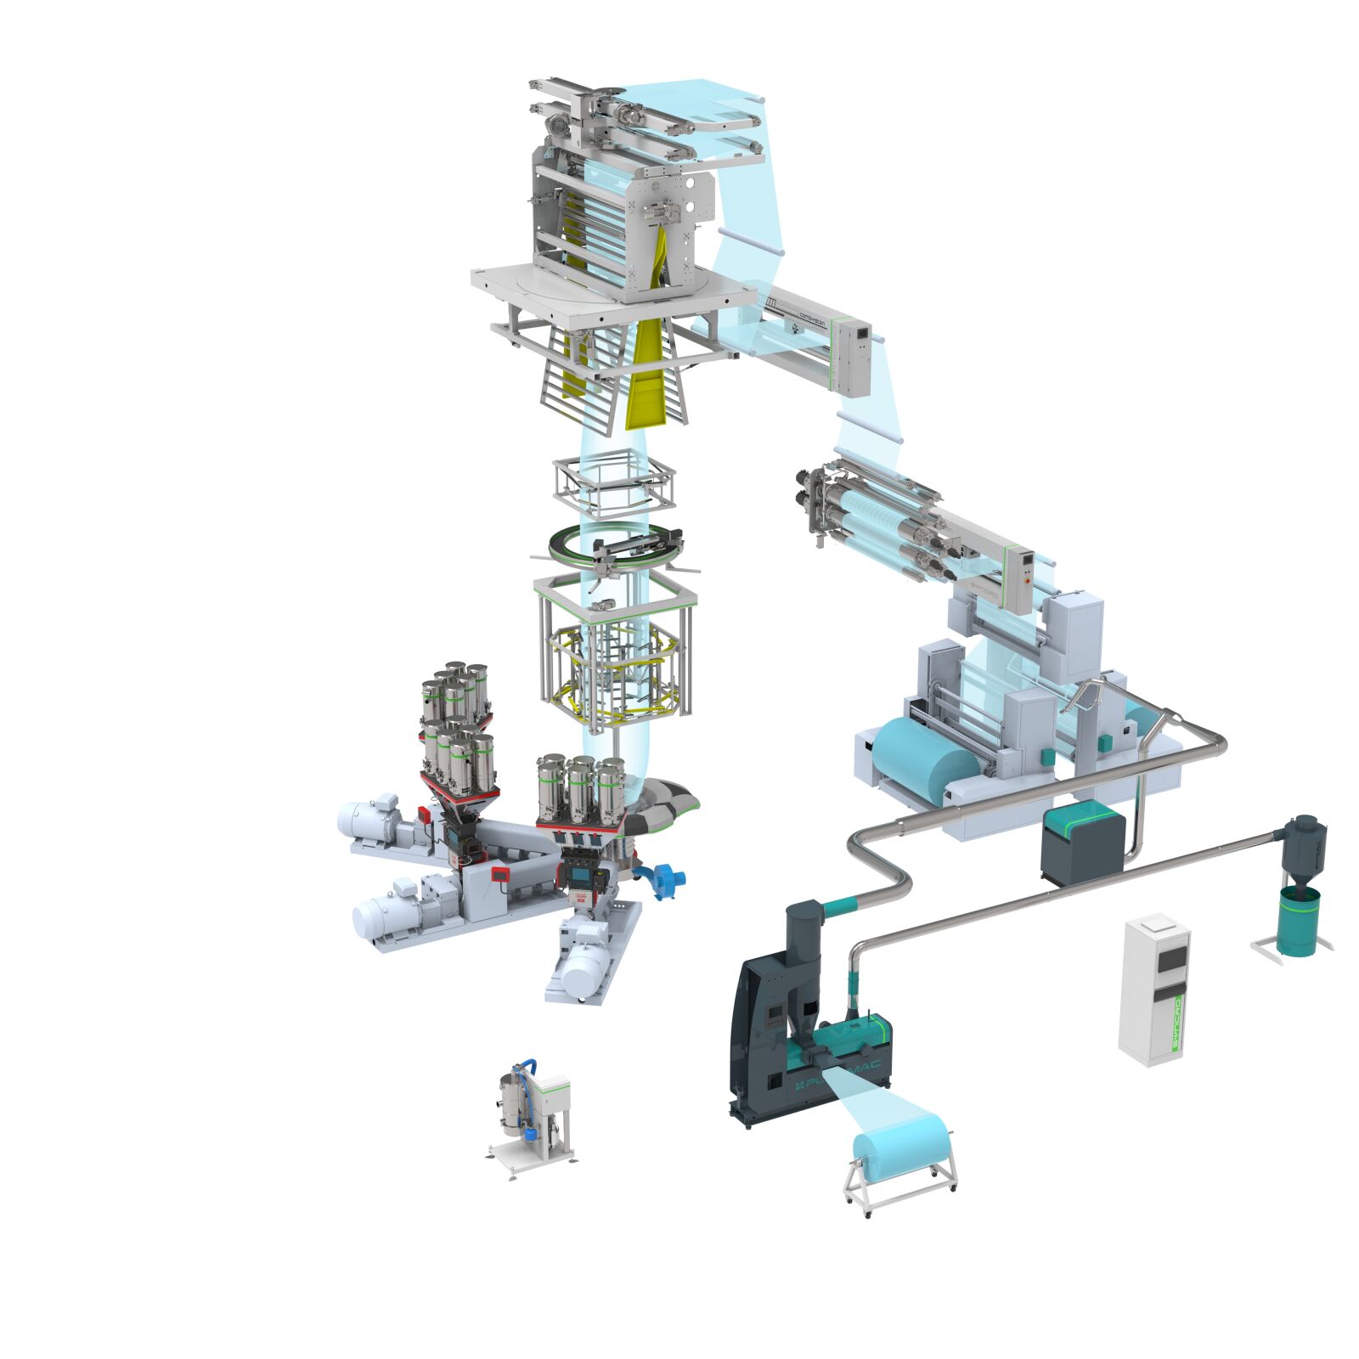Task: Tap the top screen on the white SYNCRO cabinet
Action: tap(1173, 960)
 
